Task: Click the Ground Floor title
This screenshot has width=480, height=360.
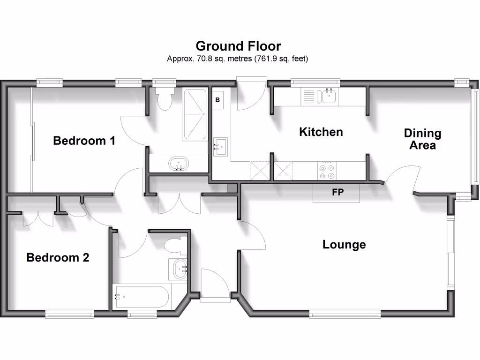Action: (x=238, y=46)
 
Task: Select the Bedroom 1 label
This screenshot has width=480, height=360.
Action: (x=84, y=141)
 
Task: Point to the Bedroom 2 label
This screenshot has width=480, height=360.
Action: (x=58, y=257)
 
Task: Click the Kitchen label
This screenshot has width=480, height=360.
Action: (x=321, y=132)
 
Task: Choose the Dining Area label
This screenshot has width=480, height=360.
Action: (x=422, y=139)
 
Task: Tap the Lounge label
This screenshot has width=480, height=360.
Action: (x=344, y=244)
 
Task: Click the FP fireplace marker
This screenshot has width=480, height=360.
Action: (x=337, y=192)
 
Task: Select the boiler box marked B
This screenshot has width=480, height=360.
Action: (x=218, y=100)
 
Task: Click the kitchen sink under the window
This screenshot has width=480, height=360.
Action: (x=327, y=97)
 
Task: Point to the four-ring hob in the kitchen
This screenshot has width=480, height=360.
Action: (x=327, y=171)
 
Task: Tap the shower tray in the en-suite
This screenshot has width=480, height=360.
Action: (x=195, y=114)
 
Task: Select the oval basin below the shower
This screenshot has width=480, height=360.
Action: (x=179, y=165)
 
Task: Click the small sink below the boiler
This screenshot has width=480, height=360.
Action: (x=221, y=147)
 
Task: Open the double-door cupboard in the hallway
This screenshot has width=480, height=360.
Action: (x=179, y=202)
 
